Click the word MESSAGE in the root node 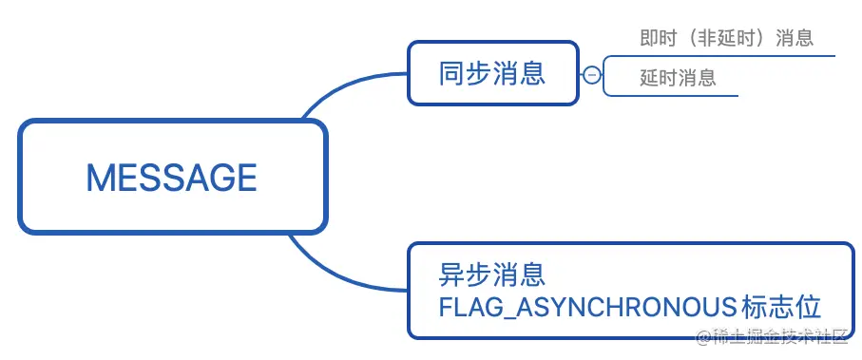click(171, 178)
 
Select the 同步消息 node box click(492, 73)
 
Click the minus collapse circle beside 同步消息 click(591, 75)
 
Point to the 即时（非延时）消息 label click(726, 38)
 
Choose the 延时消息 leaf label click(677, 78)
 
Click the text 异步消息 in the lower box click(492, 275)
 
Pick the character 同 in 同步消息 click(451, 73)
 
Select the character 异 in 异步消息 click(451, 275)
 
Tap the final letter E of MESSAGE click(247, 178)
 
